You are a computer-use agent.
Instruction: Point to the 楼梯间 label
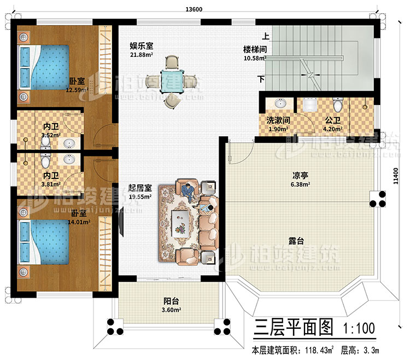point(255,49)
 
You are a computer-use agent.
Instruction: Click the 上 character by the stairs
point(266,38)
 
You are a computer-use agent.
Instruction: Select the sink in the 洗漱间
point(282,103)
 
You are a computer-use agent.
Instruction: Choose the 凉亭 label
point(300,176)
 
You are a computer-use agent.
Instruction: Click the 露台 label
point(297,240)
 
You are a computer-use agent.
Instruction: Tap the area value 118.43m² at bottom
point(313,350)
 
